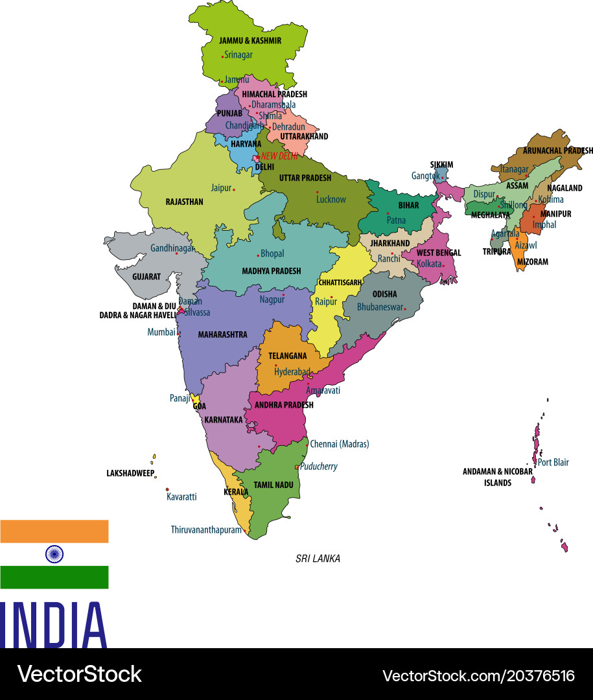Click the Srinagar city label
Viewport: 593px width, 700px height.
coord(238,55)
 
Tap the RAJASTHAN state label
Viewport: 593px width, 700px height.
coord(184,202)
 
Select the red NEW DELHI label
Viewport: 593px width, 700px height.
coord(279,156)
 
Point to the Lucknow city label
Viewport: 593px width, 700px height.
coord(331,200)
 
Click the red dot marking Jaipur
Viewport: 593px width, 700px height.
coord(234,189)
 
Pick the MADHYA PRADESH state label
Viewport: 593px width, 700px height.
coord(271,271)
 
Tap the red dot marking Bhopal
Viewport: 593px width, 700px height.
coord(258,255)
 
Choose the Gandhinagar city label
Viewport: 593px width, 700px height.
coord(172,248)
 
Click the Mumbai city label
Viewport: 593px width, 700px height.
coord(161,332)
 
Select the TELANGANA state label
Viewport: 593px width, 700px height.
coord(288,356)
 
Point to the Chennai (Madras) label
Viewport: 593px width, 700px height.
coord(340,444)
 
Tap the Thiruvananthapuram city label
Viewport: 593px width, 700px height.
coord(206,530)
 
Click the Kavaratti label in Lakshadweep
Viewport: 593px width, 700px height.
coord(181,496)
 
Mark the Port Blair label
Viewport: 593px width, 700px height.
coord(553,462)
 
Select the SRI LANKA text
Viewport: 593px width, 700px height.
coord(318,559)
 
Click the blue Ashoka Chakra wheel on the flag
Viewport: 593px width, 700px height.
coord(54,554)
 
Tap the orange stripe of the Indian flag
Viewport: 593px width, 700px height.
coord(54,531)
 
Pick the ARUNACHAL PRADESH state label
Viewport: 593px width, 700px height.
coord(557,150)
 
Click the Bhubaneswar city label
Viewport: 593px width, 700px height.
coord(380,307)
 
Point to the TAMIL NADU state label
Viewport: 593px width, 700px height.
coord(273,485)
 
